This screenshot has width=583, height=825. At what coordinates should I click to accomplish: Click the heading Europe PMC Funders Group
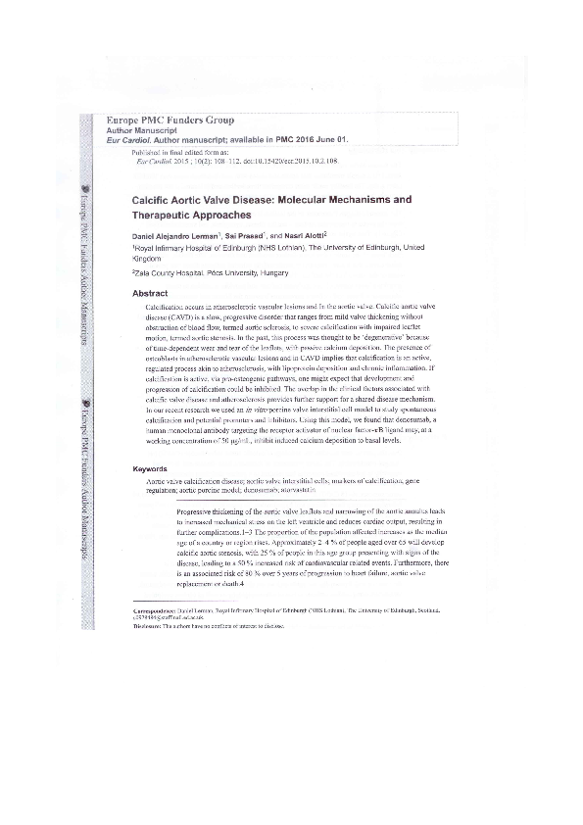[x=176, y=121]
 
